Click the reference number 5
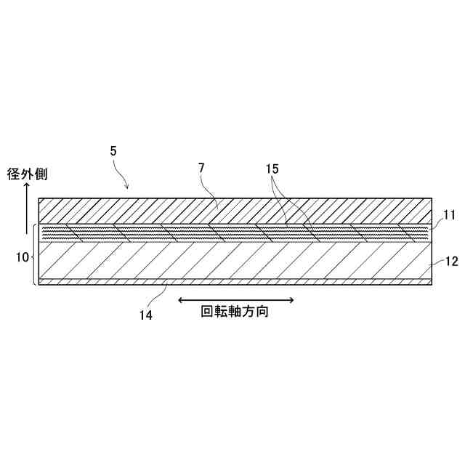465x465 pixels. click(113, 151)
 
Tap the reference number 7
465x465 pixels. click(201, 168)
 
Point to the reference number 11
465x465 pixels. click(448, 216)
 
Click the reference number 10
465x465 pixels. click(23, 256)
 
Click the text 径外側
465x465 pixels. click(28, 174)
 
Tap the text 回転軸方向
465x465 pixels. click(236, 313)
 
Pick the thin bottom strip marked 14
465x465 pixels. click(232, 281)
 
